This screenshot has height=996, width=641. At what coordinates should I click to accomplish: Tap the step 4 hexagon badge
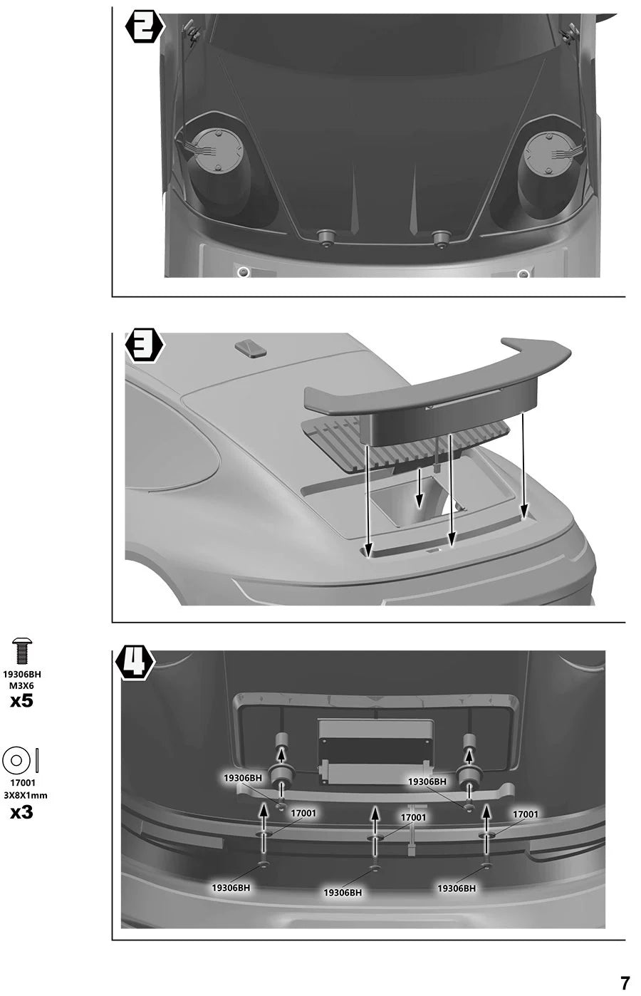coord(135,664)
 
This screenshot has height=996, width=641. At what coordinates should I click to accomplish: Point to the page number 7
coord(625,982)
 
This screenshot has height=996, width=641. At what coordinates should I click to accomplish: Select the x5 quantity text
coord(22,702)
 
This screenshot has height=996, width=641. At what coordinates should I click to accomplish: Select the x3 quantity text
coord(22,813)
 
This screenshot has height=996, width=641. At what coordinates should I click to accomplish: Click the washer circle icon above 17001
coord(16,760)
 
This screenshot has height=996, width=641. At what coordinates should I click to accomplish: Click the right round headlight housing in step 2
coord(547,154)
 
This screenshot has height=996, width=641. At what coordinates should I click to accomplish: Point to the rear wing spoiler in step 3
coord(438,391)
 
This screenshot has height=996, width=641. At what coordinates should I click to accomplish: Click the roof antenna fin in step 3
coord(251,347)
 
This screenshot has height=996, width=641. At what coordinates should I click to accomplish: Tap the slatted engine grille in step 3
coord(405,445)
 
